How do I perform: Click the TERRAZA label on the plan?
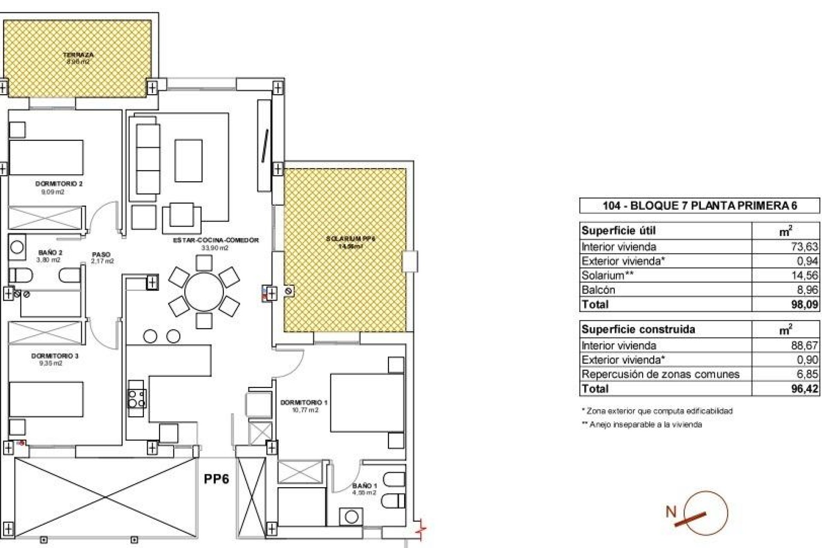[78, 55]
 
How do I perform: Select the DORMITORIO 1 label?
[304, 402]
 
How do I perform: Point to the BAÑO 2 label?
[50, 253]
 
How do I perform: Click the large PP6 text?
[216, 479]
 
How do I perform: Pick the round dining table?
[204, 292]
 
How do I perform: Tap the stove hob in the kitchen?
[137, 398]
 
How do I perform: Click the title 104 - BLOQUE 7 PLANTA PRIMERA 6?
[700, 206]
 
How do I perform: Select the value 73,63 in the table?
[804, 247]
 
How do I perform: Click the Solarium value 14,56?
[804, 275]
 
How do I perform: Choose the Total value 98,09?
[804, 304]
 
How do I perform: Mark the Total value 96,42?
[804, 389]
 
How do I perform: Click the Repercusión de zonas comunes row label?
[660, 374]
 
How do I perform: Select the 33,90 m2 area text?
[214, 248]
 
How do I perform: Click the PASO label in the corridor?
[101, 254]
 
